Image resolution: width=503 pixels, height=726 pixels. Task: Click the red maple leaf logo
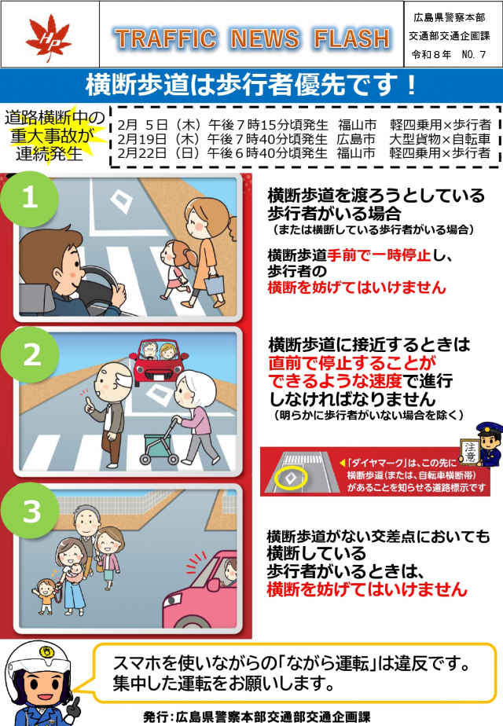coord(48,37)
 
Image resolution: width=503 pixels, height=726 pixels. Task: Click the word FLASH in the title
coord(352,38)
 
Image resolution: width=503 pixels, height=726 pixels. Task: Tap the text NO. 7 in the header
coord(473,55)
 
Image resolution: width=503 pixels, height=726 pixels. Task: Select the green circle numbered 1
coord(30,199)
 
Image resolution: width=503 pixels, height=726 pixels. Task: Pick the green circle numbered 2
coord(30,355)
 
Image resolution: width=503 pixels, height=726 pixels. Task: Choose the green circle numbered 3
coord(30,511)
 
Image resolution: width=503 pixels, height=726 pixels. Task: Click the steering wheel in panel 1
coord(105,282)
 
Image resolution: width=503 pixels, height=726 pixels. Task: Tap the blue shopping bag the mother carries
coord(214,284)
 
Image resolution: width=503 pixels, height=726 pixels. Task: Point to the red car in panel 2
coord(160,362)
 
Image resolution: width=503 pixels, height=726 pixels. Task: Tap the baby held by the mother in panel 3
coord(75,574)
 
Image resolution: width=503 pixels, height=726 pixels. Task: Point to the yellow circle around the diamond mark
coord(290,478)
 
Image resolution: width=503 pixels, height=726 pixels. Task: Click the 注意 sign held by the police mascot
coord(470,452)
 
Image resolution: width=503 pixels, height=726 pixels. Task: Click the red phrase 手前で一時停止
coord(379,255)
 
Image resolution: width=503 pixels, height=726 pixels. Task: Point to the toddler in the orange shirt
coord(46,596)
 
